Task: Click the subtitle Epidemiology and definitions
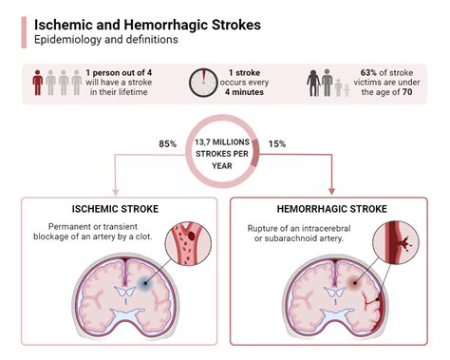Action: (x=107, y=40)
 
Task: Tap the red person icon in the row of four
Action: (x=36, y=84)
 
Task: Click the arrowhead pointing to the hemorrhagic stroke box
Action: (x=332, y=190)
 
